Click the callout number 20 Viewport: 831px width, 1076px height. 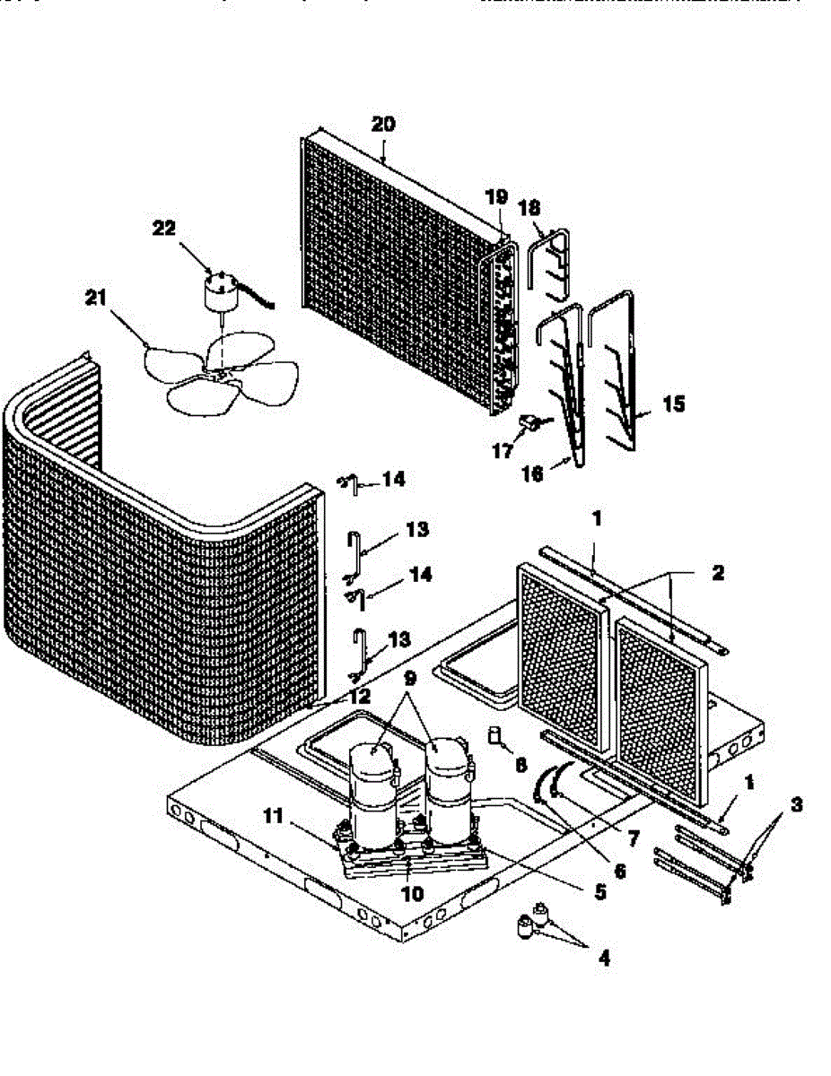point(382,125)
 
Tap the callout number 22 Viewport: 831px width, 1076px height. point(164,229)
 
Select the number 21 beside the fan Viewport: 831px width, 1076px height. point(96,299)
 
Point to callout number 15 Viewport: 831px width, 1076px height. point(673,405)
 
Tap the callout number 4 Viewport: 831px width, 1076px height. point(603,959)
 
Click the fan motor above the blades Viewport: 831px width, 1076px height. point(218,292)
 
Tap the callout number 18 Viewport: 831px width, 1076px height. point(529,207)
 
